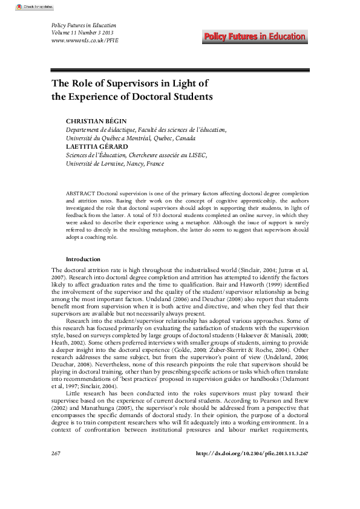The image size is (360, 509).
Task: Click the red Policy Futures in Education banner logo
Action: point(255,37)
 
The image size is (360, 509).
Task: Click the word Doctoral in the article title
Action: point(149,96)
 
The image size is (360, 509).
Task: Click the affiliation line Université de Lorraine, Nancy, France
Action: point(115,163)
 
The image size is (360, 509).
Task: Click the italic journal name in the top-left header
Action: point(77,24)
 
